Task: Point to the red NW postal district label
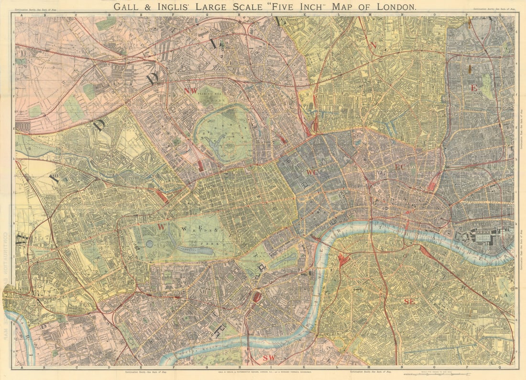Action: [x=190, y=90]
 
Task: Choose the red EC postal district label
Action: [x=400, y=167]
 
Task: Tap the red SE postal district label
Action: [x=409, y=301]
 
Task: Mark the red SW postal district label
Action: [x=269, y=358]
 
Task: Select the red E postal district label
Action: [x=474, y=88]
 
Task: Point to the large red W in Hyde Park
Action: [x=162, y=227]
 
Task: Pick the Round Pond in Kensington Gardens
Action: [x=150, y=243]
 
